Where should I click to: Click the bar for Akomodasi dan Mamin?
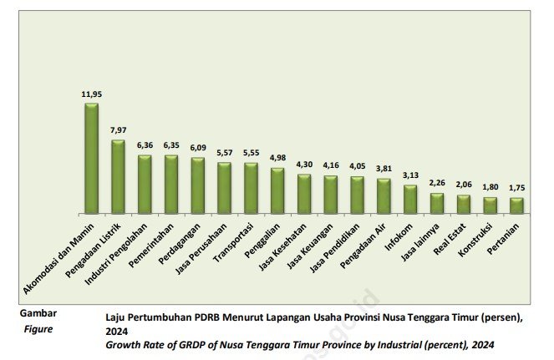click(91, 159)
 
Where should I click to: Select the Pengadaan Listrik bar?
click(118, 176)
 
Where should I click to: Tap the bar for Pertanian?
click(516, 205)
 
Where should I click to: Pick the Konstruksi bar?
click(490, 205)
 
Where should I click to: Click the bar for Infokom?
click(410, 199)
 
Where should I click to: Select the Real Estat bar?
click(464, 204)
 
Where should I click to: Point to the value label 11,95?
click(91, 94)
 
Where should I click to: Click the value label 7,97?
click(118, 130)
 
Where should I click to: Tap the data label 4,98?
click(277, 159)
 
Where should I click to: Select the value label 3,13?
click(410, 175)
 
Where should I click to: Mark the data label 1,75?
click(516, 188)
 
